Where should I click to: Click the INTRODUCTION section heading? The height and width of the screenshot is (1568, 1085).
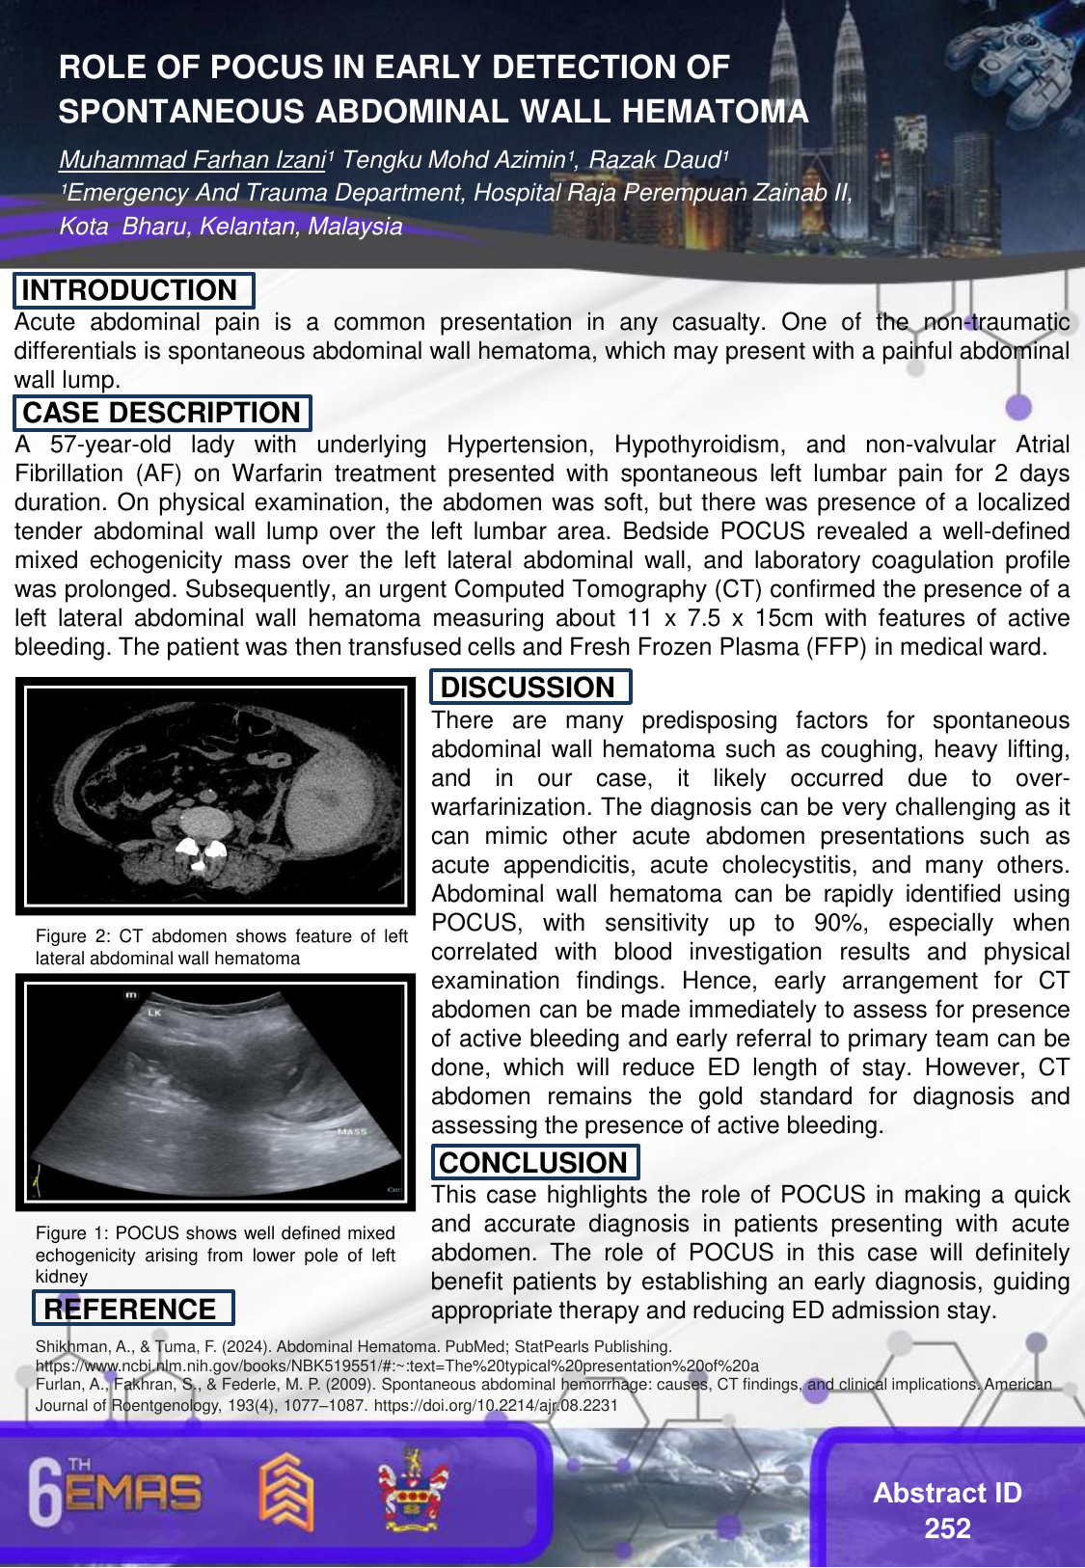coord(132,290)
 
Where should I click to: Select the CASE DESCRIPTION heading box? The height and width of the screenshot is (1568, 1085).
coord(161,413)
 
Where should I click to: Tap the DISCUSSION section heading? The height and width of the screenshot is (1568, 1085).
coord(529,687)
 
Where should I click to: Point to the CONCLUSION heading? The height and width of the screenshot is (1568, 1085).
coord(533,1162)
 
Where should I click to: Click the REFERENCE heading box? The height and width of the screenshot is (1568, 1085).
coord(132,1309)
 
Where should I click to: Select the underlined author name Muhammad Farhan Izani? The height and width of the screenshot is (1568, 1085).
coord(192,160)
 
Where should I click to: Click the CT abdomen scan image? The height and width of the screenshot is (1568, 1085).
coord(215,797)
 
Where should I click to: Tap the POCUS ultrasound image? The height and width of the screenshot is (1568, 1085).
coord(215,1092)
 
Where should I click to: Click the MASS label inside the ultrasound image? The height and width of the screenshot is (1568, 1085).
coord(351,1131)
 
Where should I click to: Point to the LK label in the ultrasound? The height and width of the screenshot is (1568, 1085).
coord(154,1014)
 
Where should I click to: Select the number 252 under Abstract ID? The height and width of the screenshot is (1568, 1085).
coord(947,1528)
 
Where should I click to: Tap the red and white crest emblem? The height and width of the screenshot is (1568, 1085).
coord(413,1490)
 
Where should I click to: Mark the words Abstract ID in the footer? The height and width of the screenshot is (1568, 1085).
coord(947,1493)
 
